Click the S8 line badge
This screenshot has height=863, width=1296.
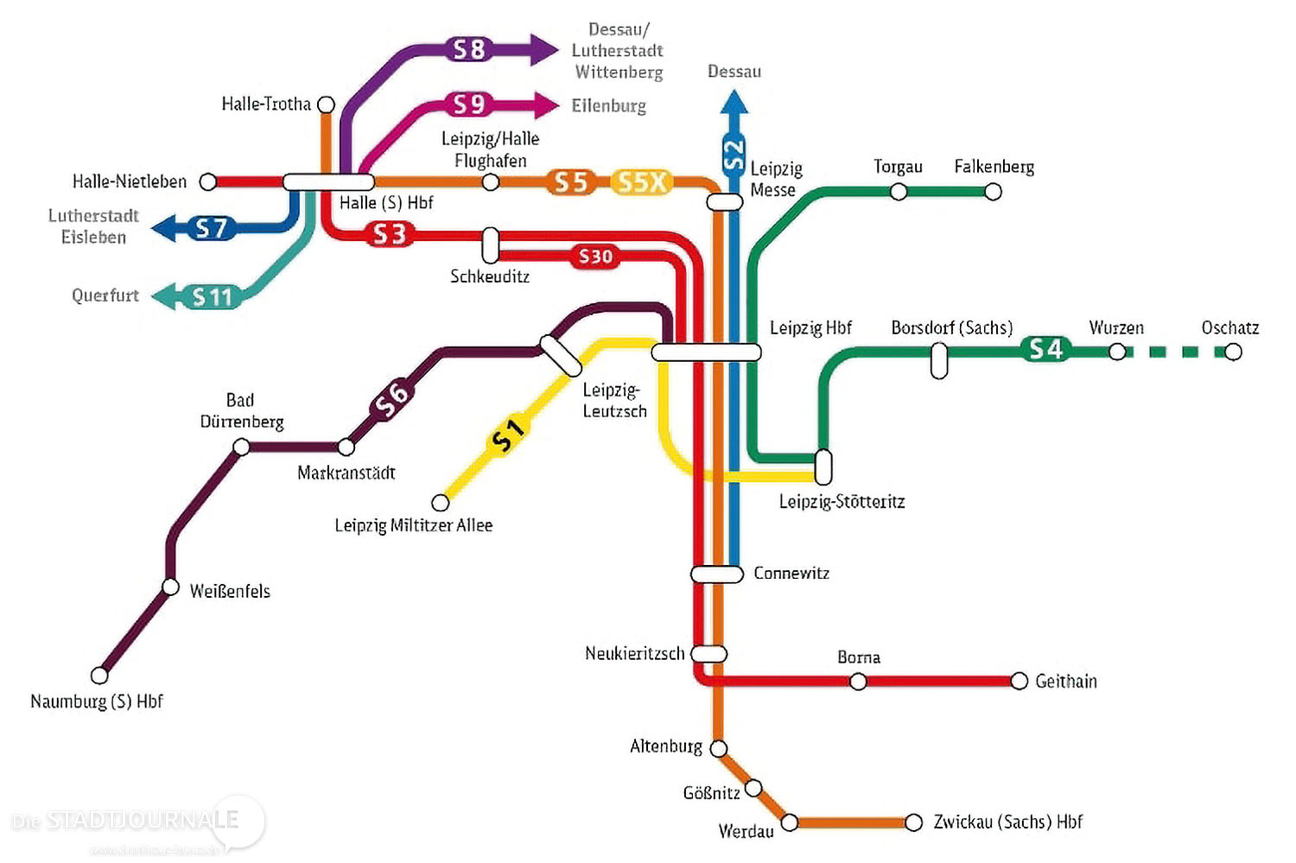(469, 49)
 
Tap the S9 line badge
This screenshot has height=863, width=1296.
(469, 105)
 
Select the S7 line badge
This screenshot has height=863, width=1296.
(211, 228)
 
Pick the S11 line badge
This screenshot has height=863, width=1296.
(213, 297)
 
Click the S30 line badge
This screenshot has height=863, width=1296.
(595, 257)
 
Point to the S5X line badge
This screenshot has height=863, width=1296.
(642, 182)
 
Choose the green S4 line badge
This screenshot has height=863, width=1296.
(1045, 349)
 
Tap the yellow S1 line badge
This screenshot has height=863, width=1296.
(507, 435)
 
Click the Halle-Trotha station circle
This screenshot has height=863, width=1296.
(326, 105)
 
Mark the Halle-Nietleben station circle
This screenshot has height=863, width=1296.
(208, 181)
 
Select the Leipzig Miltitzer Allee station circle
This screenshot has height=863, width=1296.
(441, 502)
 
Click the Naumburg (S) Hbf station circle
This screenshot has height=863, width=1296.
(100, 675)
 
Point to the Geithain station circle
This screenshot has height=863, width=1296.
(1020, 681)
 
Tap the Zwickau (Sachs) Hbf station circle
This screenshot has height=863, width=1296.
(913, 822)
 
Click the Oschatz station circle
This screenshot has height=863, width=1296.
(1234, 352)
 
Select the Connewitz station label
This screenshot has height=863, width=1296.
(791, 574)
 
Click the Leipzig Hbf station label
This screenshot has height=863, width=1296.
(810, 328)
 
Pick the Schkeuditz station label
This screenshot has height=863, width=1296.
(489, 276)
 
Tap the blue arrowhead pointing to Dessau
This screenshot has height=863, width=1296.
(734, 101)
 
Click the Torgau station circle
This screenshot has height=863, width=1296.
(899, 192)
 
